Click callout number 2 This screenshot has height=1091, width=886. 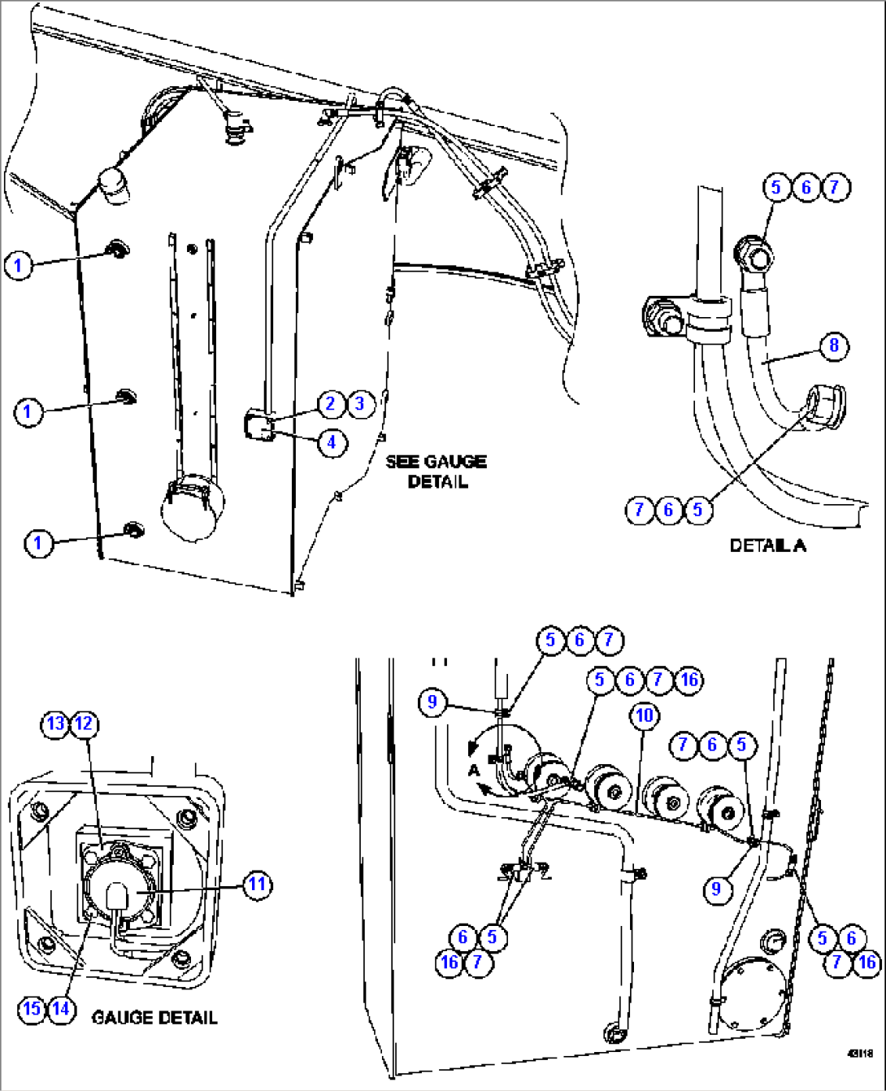[x=331, y=403]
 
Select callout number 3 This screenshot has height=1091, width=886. [x=361, y=403]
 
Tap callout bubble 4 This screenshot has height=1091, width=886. [x=332, y=442]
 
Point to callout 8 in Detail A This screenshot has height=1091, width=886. [x=834, y=346]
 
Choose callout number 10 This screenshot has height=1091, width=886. [x=645, y=715]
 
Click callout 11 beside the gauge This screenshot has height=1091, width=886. [x=258, y=884]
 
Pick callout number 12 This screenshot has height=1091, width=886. [x=85, y=724]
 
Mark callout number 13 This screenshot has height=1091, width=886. [x=55, y=724]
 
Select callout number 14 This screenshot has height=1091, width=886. [x=61, y=1009]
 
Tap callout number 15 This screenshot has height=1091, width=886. [x=32, y=1009]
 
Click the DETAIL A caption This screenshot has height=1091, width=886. [x=767, y=545]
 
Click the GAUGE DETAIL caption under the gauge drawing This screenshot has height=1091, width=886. [x=154, y=1017]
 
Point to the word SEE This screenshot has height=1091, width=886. [x=402, y=462]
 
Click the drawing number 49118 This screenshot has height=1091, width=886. [x=859, y=1054]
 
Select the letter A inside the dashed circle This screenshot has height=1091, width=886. [x=474, y=769]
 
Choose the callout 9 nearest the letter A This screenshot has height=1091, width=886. [x=433, y=702]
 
